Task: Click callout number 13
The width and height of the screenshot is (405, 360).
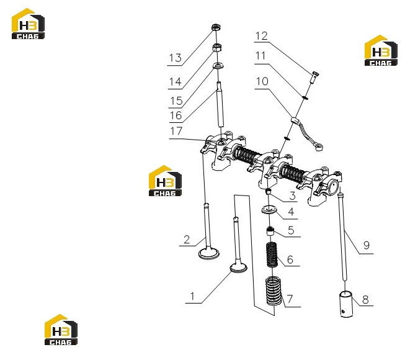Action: pos(176,58)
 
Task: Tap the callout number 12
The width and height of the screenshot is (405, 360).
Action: pos(261,36)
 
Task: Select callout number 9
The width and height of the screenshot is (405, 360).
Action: pos(367,245)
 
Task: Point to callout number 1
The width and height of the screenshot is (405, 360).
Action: pos(192,296)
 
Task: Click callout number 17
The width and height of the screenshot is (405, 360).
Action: pos(176,131)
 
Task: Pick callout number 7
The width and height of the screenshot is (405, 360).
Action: pos(290,299)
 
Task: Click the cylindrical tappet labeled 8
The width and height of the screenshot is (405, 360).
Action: pos(346,304)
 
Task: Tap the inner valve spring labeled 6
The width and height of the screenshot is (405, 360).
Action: pos(272,255)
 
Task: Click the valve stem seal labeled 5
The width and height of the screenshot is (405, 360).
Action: pos(270,231)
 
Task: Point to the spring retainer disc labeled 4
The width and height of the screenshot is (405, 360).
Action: pos(269,210)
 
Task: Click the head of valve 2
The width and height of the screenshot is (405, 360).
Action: pos(209,253)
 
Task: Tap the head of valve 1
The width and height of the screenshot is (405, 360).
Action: pos(238,268)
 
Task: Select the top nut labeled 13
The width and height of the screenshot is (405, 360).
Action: pos(216,27)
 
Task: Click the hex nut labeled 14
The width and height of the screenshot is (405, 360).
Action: pos(216,48)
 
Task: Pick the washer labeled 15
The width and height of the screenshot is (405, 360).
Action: pos(218,66)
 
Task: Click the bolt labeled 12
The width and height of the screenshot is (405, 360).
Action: pos(314,77)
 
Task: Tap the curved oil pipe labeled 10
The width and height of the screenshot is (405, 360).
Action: pos(308,133)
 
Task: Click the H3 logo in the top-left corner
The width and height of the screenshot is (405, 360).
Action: pos(28,24)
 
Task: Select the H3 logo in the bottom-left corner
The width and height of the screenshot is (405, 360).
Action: pos(61,330)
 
